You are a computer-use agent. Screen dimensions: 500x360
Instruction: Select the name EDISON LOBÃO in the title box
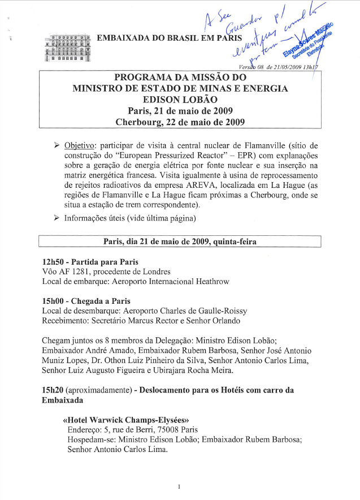(x=180, y=99)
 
